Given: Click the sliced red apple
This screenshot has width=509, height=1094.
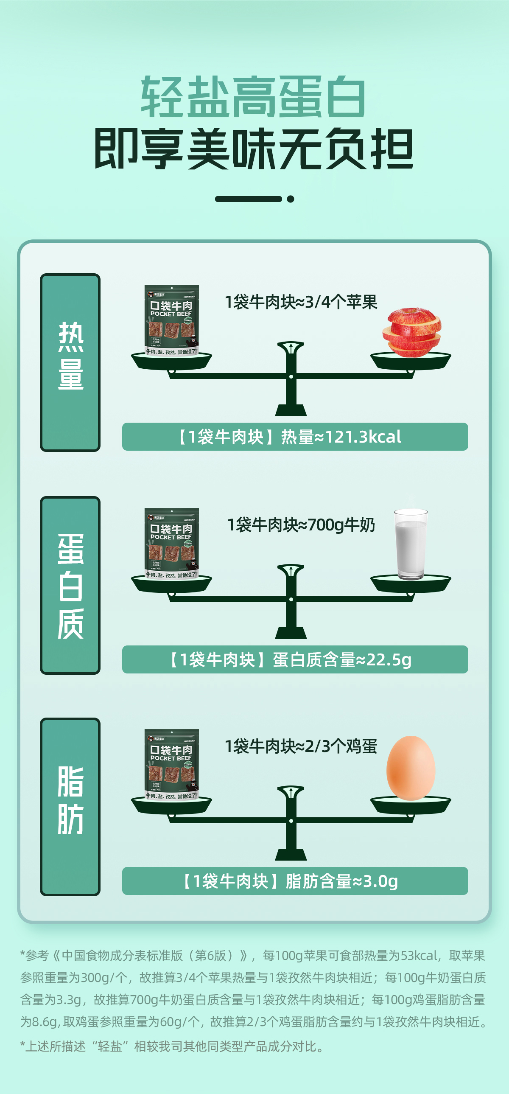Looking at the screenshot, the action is coord(411,332).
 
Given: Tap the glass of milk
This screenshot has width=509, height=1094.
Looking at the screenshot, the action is coord(411,544).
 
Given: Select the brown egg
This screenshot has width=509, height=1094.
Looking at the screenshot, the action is coord(411,768).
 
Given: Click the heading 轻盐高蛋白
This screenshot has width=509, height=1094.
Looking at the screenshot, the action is coord(253,97).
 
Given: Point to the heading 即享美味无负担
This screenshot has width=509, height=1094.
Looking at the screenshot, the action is coord(253,149).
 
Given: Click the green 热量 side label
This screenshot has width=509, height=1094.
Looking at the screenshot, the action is coord(70,362).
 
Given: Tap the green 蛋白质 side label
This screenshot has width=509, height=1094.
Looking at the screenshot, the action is coord(70,585).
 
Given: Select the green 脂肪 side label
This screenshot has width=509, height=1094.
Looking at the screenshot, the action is coord(70,806).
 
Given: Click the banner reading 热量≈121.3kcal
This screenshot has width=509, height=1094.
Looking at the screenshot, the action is coord(295,437).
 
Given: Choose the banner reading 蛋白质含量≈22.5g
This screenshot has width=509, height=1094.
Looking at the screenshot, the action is coord(295,659).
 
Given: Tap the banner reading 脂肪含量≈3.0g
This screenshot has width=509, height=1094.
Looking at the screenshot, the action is coord(295,881).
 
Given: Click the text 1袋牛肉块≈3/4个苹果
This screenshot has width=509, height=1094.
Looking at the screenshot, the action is coord(301,303).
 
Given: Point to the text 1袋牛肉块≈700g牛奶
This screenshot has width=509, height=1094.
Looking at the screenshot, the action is coord(301,525).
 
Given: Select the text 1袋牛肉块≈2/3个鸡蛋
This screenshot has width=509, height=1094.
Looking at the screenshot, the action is coord(301,746).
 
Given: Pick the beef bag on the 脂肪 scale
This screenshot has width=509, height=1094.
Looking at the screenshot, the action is coord(171,764).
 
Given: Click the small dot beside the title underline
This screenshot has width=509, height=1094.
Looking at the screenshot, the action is coord(291,199).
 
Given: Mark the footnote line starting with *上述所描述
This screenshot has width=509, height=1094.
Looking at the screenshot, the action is coord(172,1046).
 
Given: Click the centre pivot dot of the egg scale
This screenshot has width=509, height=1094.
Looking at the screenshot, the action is coord(291,821).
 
